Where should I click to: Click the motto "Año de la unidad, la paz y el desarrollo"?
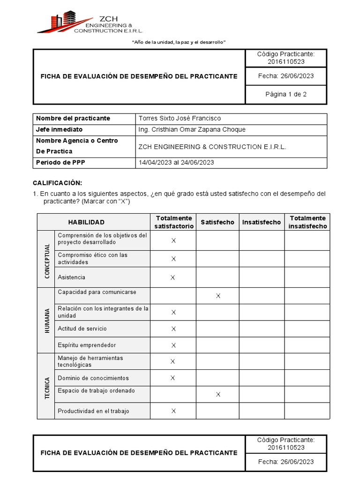point(180,42)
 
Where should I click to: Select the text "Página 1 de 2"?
point(286,94)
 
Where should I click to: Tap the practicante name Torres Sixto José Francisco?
point(180,118)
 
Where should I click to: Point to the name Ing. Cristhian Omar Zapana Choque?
point(192,129)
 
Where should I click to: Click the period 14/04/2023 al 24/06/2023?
point(176,162)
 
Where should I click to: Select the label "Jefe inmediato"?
point(59,129)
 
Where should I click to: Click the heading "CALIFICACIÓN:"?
point(57,182)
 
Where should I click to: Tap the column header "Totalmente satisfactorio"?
point(173,222)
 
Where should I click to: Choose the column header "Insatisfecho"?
point(262,222)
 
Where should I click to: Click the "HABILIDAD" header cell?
point(86,222)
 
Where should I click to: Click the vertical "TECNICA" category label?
point(47,386)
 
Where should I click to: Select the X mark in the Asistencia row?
point(172,277)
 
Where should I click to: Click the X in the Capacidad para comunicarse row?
point(218,296)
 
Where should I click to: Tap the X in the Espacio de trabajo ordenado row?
point(218,394)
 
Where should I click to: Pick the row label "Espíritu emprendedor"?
point(87,345)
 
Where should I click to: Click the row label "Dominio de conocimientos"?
point(93,378)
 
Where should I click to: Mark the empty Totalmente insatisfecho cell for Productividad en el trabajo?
point(307,411)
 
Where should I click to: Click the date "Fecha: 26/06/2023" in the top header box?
point(286,76)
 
